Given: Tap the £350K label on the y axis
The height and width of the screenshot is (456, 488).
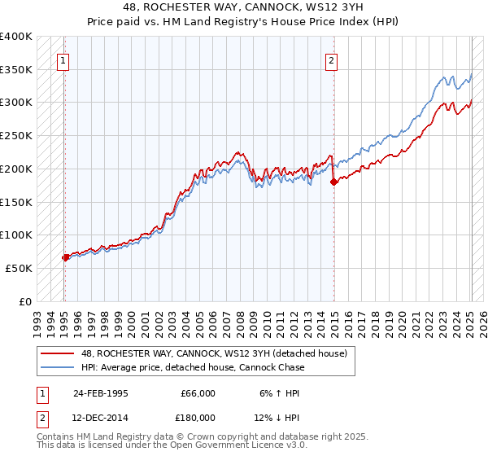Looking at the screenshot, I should pyautogui.click(x=16, y=70).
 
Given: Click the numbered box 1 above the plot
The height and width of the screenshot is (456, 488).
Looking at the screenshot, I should pyautogui.click(x=63, y=59).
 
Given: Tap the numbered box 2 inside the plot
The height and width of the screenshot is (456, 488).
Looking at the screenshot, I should pyautogui.click(x=332, y=59).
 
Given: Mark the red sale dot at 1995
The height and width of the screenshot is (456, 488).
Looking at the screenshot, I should pyautogui.click(x=65, y=257).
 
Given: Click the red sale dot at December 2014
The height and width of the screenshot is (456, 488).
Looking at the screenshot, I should pyautogui.click(x=333, y=182).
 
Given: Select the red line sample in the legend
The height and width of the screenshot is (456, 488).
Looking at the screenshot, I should pyautogui.click(x=57, y=353).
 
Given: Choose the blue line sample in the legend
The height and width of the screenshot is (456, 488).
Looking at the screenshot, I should pyautogui.click(x=57, y=367).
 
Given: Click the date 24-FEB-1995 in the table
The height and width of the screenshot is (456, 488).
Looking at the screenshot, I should pyautogui.click(x=100, y=393).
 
